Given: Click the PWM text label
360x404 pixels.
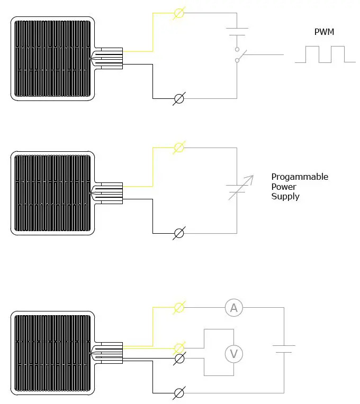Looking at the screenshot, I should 324,32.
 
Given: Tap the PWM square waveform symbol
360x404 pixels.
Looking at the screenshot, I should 325,54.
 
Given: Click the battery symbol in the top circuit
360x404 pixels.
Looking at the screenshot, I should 237,32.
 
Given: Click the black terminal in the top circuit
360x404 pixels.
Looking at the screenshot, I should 179,98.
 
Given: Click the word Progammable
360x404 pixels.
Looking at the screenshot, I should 300,177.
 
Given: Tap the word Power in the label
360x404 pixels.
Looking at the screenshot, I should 284,187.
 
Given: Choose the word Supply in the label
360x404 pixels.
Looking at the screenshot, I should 285,197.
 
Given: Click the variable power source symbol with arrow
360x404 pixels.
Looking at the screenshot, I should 237,189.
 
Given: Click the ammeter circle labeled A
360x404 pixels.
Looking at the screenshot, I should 233,308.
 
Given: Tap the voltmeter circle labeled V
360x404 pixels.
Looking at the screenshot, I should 233,353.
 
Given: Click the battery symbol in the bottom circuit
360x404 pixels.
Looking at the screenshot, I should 284,349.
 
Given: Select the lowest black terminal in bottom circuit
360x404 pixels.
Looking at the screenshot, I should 179,393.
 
